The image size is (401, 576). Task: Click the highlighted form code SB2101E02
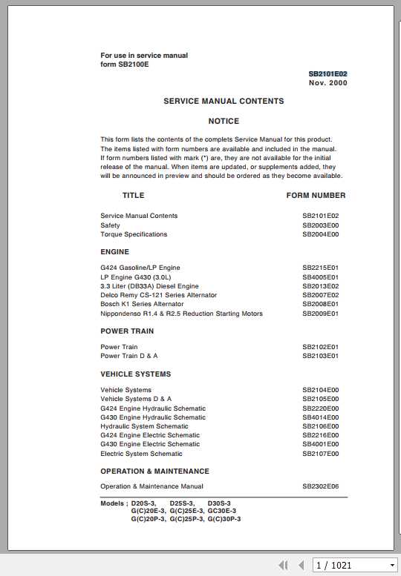(x=327, y=74)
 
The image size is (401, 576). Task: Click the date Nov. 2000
(x=327, y=83)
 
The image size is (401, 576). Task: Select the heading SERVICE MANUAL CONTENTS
(x=224, y=101)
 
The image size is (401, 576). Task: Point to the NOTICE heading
(x=224, y=121)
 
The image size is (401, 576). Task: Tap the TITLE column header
(x=134, y=196)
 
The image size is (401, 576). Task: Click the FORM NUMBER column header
(x=316, y=196)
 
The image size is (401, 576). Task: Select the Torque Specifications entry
(x=134, y=234)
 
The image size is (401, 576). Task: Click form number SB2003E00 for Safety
(x=320, y=225)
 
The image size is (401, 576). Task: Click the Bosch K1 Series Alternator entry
(x=142, y=304)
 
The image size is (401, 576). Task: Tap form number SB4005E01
(x=320, y=277)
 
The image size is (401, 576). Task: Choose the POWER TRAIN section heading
(x=127, y=331)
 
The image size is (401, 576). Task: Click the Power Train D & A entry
(x=129, y=356)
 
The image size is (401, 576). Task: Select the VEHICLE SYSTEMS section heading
(x=135, y=374)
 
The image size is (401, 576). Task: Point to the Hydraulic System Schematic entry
(x=144, y=426)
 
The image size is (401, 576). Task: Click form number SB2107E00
(x=320, y=454)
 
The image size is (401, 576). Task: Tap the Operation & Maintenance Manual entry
(x=151, y=486)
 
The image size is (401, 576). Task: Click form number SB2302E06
(x=320, y=486)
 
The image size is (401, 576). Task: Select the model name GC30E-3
(x=221, y=511)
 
